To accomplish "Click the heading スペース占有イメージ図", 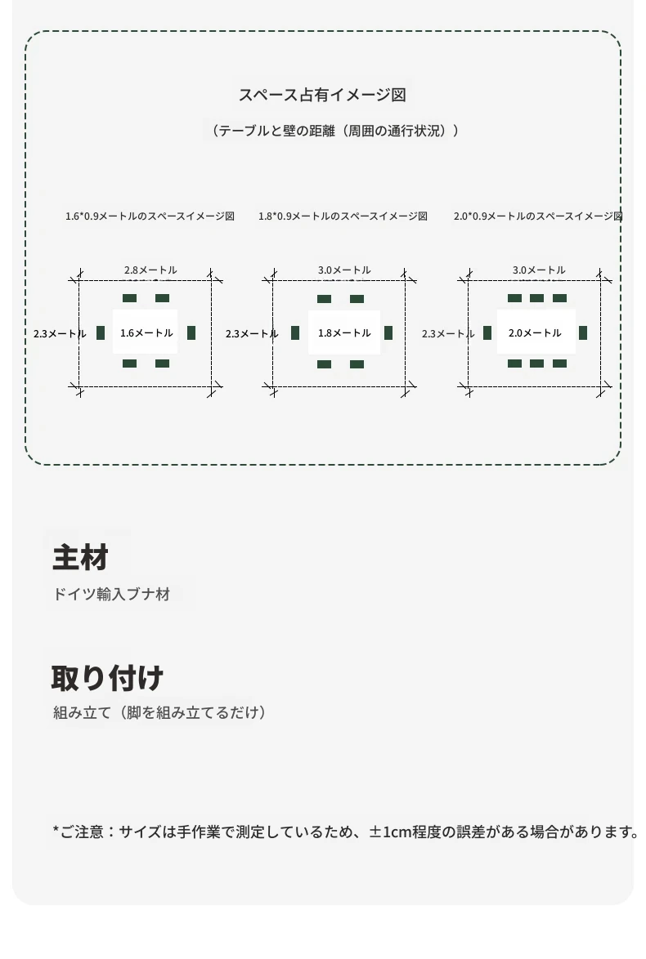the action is click(x=322, y=95).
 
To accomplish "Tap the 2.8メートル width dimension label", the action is click(x=150, y=270).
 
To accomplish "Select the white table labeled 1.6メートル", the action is click(x=145, y=332).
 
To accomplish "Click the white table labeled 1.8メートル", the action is click(x=344, y=332).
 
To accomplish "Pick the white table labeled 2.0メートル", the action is click(x=536, y=332).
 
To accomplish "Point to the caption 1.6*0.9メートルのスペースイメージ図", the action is click(x=150, y=216).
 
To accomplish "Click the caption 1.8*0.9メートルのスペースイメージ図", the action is click(x=343, y=216).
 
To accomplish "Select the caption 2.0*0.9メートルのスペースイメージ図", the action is click(x=538, y=216).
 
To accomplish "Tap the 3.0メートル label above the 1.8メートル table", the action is click(x=344, y=270).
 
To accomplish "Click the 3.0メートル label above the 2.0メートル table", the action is click(x=539, y=270).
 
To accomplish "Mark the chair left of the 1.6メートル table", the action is click(x=101, y=332).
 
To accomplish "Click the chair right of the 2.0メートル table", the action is click(x=583, y=332).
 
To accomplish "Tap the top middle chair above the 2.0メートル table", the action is click(x=537, y=298).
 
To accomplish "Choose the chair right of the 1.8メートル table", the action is click(x=388, y=332).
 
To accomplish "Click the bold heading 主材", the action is click(x=80, y=557).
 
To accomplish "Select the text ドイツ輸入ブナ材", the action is click(x=111, y=594).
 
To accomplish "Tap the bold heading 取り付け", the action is click(x=107, y=678).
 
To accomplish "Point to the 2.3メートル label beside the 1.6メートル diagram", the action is click(x=60, y=334).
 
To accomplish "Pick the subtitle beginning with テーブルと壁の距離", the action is click(x=333, y=131).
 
